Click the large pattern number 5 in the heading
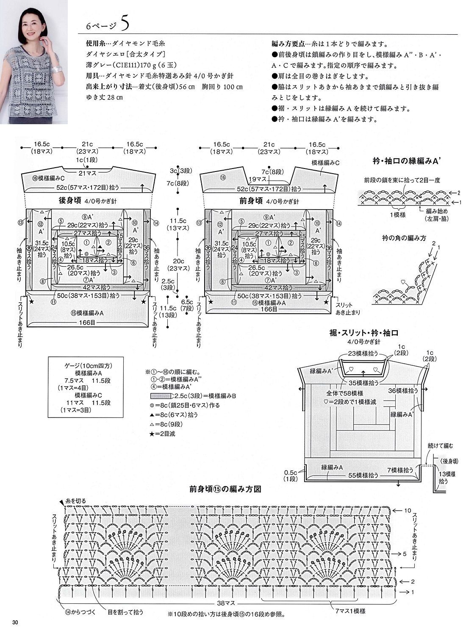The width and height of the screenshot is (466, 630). point(125,24)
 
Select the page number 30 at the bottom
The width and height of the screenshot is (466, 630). point(15,622)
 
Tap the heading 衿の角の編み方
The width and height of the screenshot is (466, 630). point(404,238)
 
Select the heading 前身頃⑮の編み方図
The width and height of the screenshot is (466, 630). point(225,489)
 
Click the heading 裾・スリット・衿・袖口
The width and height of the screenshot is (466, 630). point(364,334)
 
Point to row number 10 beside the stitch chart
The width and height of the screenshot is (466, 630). point(407,510)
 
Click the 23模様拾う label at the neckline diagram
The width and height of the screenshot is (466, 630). point(363,353)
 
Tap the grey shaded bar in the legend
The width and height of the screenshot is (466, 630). point(162,396)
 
